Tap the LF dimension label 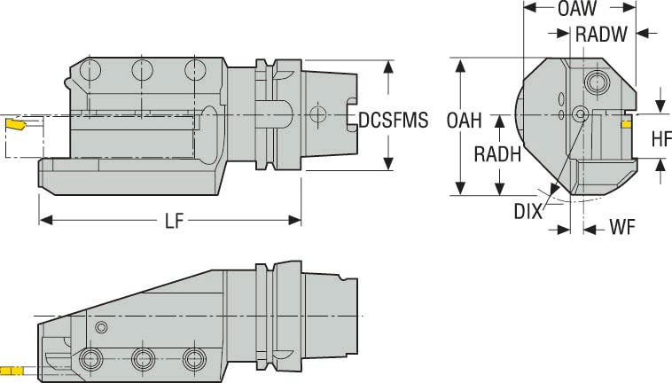[173, 222]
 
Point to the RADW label [604, 35]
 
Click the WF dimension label [621, 228]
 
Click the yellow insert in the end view [626, 125]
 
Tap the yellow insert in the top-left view [16, 125]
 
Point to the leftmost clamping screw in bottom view [89, 359]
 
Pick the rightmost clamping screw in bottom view [191, 359]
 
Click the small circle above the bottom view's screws [102, 328]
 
